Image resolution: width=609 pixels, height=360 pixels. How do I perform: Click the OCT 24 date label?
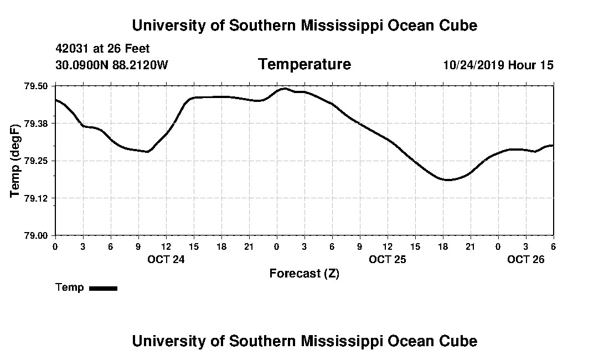pyautogui.click(x=166, y=259)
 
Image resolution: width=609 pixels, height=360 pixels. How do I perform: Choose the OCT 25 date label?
pyautogui.click(x=388, y=259)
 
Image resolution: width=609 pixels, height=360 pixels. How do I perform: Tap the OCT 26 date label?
pyautogui.click(x=526, y=259)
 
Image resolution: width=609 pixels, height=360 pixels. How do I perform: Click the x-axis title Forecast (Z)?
pyautogui.click(x=304, y=274)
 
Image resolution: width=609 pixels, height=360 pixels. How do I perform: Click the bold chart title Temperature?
pyautogui.click(x=304, y=65)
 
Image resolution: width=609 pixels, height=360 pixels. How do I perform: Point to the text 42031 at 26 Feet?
pyautogui.click(x=103, y=49)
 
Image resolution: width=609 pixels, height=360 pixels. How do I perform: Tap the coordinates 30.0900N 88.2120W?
pyautogui.click(x=112, y=65)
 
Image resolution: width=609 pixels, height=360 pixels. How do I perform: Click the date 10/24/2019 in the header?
pyautogui.click(x=473, y=65)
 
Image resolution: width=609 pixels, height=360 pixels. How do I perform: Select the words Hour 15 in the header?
pyautogui.click(x=531, y=65)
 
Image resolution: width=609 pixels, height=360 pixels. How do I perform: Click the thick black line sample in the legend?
pyautogui.click(x=103, y=288)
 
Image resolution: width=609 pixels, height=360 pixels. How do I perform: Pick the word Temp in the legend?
pyautogui.click(x=70, y=288)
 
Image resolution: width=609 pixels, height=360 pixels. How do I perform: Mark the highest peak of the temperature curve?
pyautogui.click(x=285, y=89)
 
